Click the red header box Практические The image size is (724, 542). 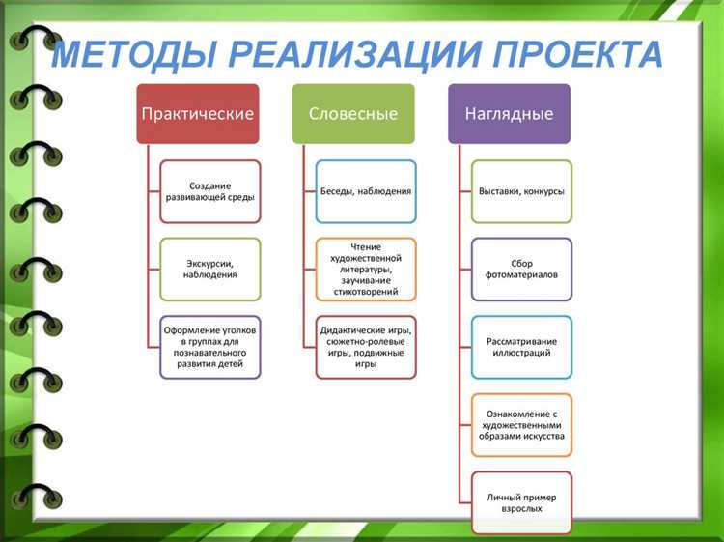(198, 114)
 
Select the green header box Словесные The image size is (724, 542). (353, 114)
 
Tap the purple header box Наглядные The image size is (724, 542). (509, 114)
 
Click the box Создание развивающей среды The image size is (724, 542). (209, 191)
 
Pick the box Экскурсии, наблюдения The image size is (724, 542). (209, 269)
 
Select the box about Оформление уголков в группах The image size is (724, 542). (209, 347)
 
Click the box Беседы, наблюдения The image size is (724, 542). (366, 191)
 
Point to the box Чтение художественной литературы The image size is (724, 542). (366, 270)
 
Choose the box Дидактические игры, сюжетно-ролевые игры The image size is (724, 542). (366, 347)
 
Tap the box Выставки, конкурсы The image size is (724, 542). (521, 191)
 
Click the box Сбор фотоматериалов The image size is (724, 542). (521, 269)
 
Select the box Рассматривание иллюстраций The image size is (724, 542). (521, 347)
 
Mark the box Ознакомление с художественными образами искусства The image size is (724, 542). (521, 424)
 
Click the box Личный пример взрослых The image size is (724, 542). (521, 501)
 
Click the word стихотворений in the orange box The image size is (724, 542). (366, 288)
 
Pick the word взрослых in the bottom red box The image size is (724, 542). (521, 508)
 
